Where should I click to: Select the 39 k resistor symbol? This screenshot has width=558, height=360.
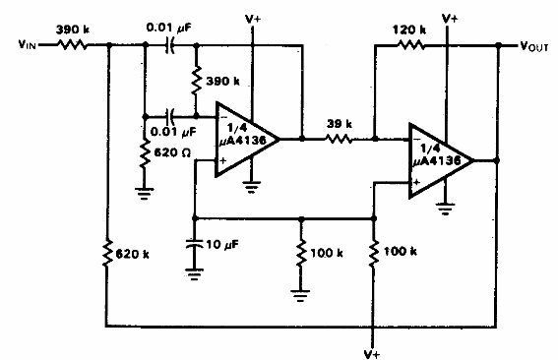point(340,139)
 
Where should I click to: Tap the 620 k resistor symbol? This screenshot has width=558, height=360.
point(105,257)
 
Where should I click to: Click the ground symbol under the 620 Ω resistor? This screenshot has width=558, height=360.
point(145,194)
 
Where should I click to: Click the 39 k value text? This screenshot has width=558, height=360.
point(340,125)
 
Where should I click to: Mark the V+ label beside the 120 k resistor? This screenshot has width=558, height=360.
point(451,16)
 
